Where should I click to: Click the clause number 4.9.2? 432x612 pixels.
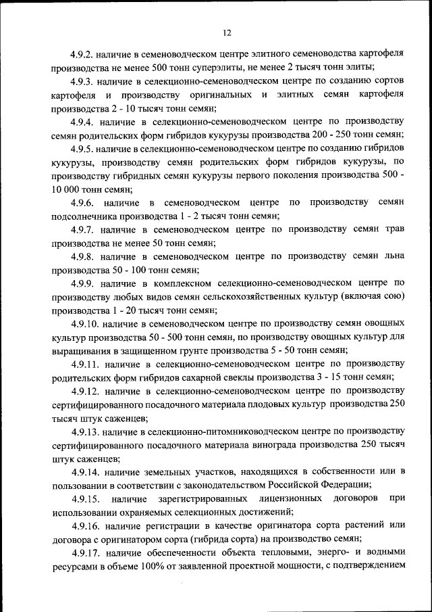coord(82,53)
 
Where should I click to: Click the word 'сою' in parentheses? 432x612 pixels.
coord(387,297)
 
